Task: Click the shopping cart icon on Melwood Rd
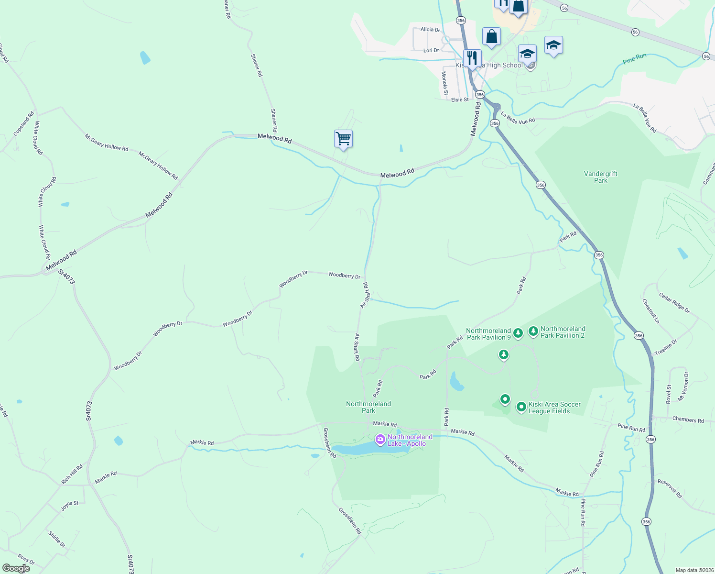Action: pos(343,139)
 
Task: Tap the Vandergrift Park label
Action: pos(601,177)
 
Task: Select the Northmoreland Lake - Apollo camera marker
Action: pos(380,439)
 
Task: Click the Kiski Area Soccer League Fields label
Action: pos(554,408)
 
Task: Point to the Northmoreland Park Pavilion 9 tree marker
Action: pos(518,332)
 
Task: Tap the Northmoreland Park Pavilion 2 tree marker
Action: pos(533,331)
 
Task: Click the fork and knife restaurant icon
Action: pos(472,58)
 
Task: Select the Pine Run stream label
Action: pos(635,59)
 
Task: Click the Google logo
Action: pos(16,568)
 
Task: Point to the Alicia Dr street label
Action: pos(430,30)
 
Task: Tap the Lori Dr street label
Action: pos(431,50)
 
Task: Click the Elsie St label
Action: pos(460,99)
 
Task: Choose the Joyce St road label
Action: pos(70,506)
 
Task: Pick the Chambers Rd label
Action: pos(688,420)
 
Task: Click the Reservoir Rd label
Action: pos(670,488)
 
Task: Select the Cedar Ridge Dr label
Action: pos(674,303)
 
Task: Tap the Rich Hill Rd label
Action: pos(72,474)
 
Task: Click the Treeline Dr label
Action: pos(666,347)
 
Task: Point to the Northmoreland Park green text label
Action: pos(368,407)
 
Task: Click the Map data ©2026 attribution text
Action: pos(693,570)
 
